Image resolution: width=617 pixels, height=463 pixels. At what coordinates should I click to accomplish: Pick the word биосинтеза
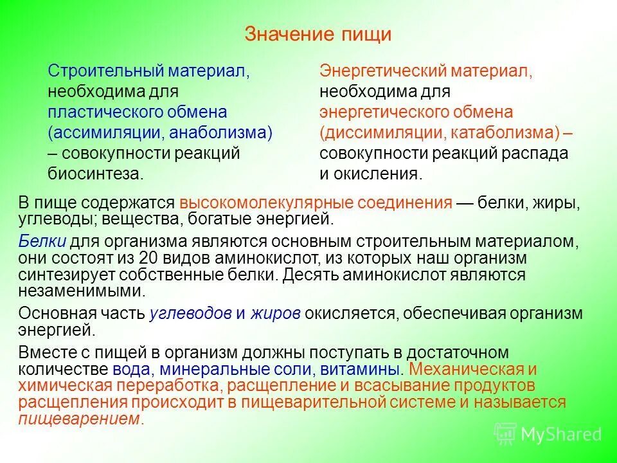pos(94,174)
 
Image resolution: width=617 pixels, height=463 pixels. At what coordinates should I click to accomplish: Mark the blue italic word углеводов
pos(190,313)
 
